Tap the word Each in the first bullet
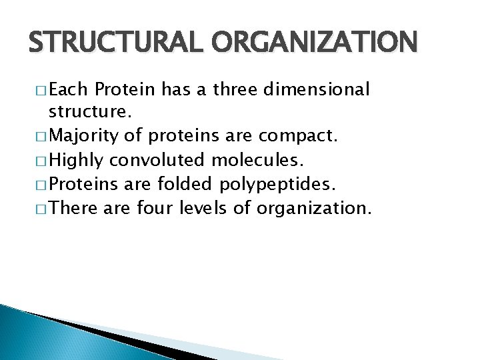coord(71,89)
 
